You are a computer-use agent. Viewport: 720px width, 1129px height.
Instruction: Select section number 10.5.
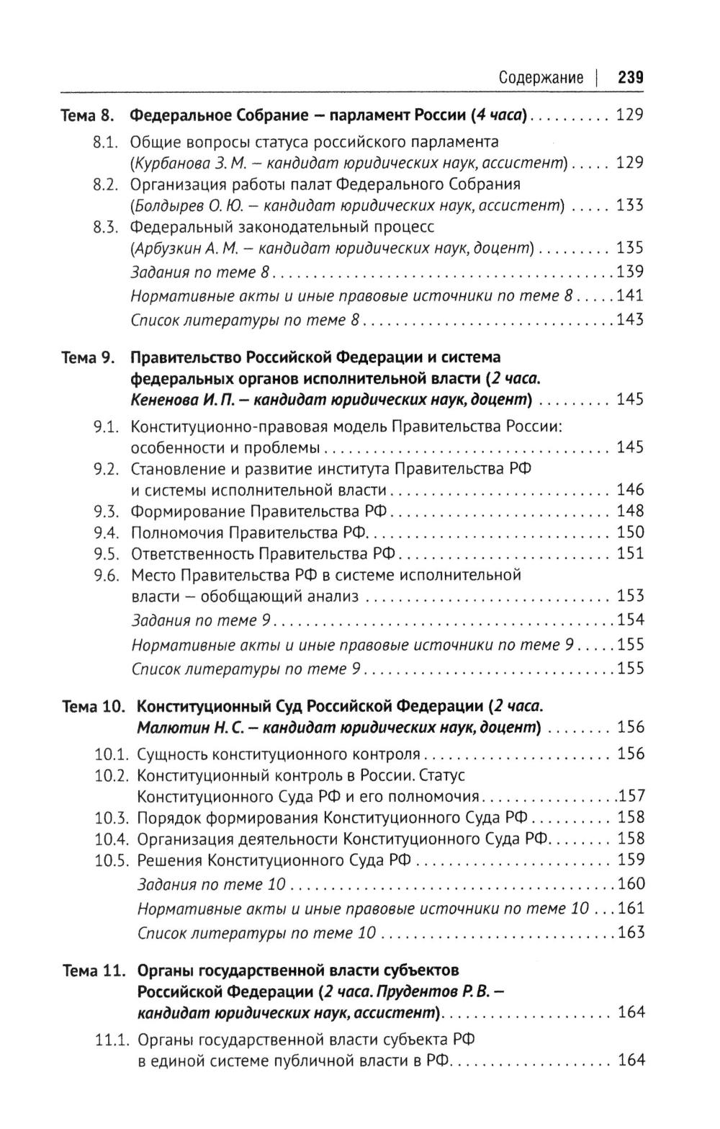[x=112, y=860]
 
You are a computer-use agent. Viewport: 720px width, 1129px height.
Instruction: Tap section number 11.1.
[x=112, y=1040]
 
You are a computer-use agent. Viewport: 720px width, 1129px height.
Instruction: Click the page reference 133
[x=630, y=206]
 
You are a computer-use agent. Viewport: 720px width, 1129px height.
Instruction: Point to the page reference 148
[x=630, y=512]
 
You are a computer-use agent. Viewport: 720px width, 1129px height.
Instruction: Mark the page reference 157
[x=631, y=797]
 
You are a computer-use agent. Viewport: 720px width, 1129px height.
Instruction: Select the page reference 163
[x=631, y=933]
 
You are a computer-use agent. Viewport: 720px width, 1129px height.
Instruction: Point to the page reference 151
[x=630, y=555]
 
